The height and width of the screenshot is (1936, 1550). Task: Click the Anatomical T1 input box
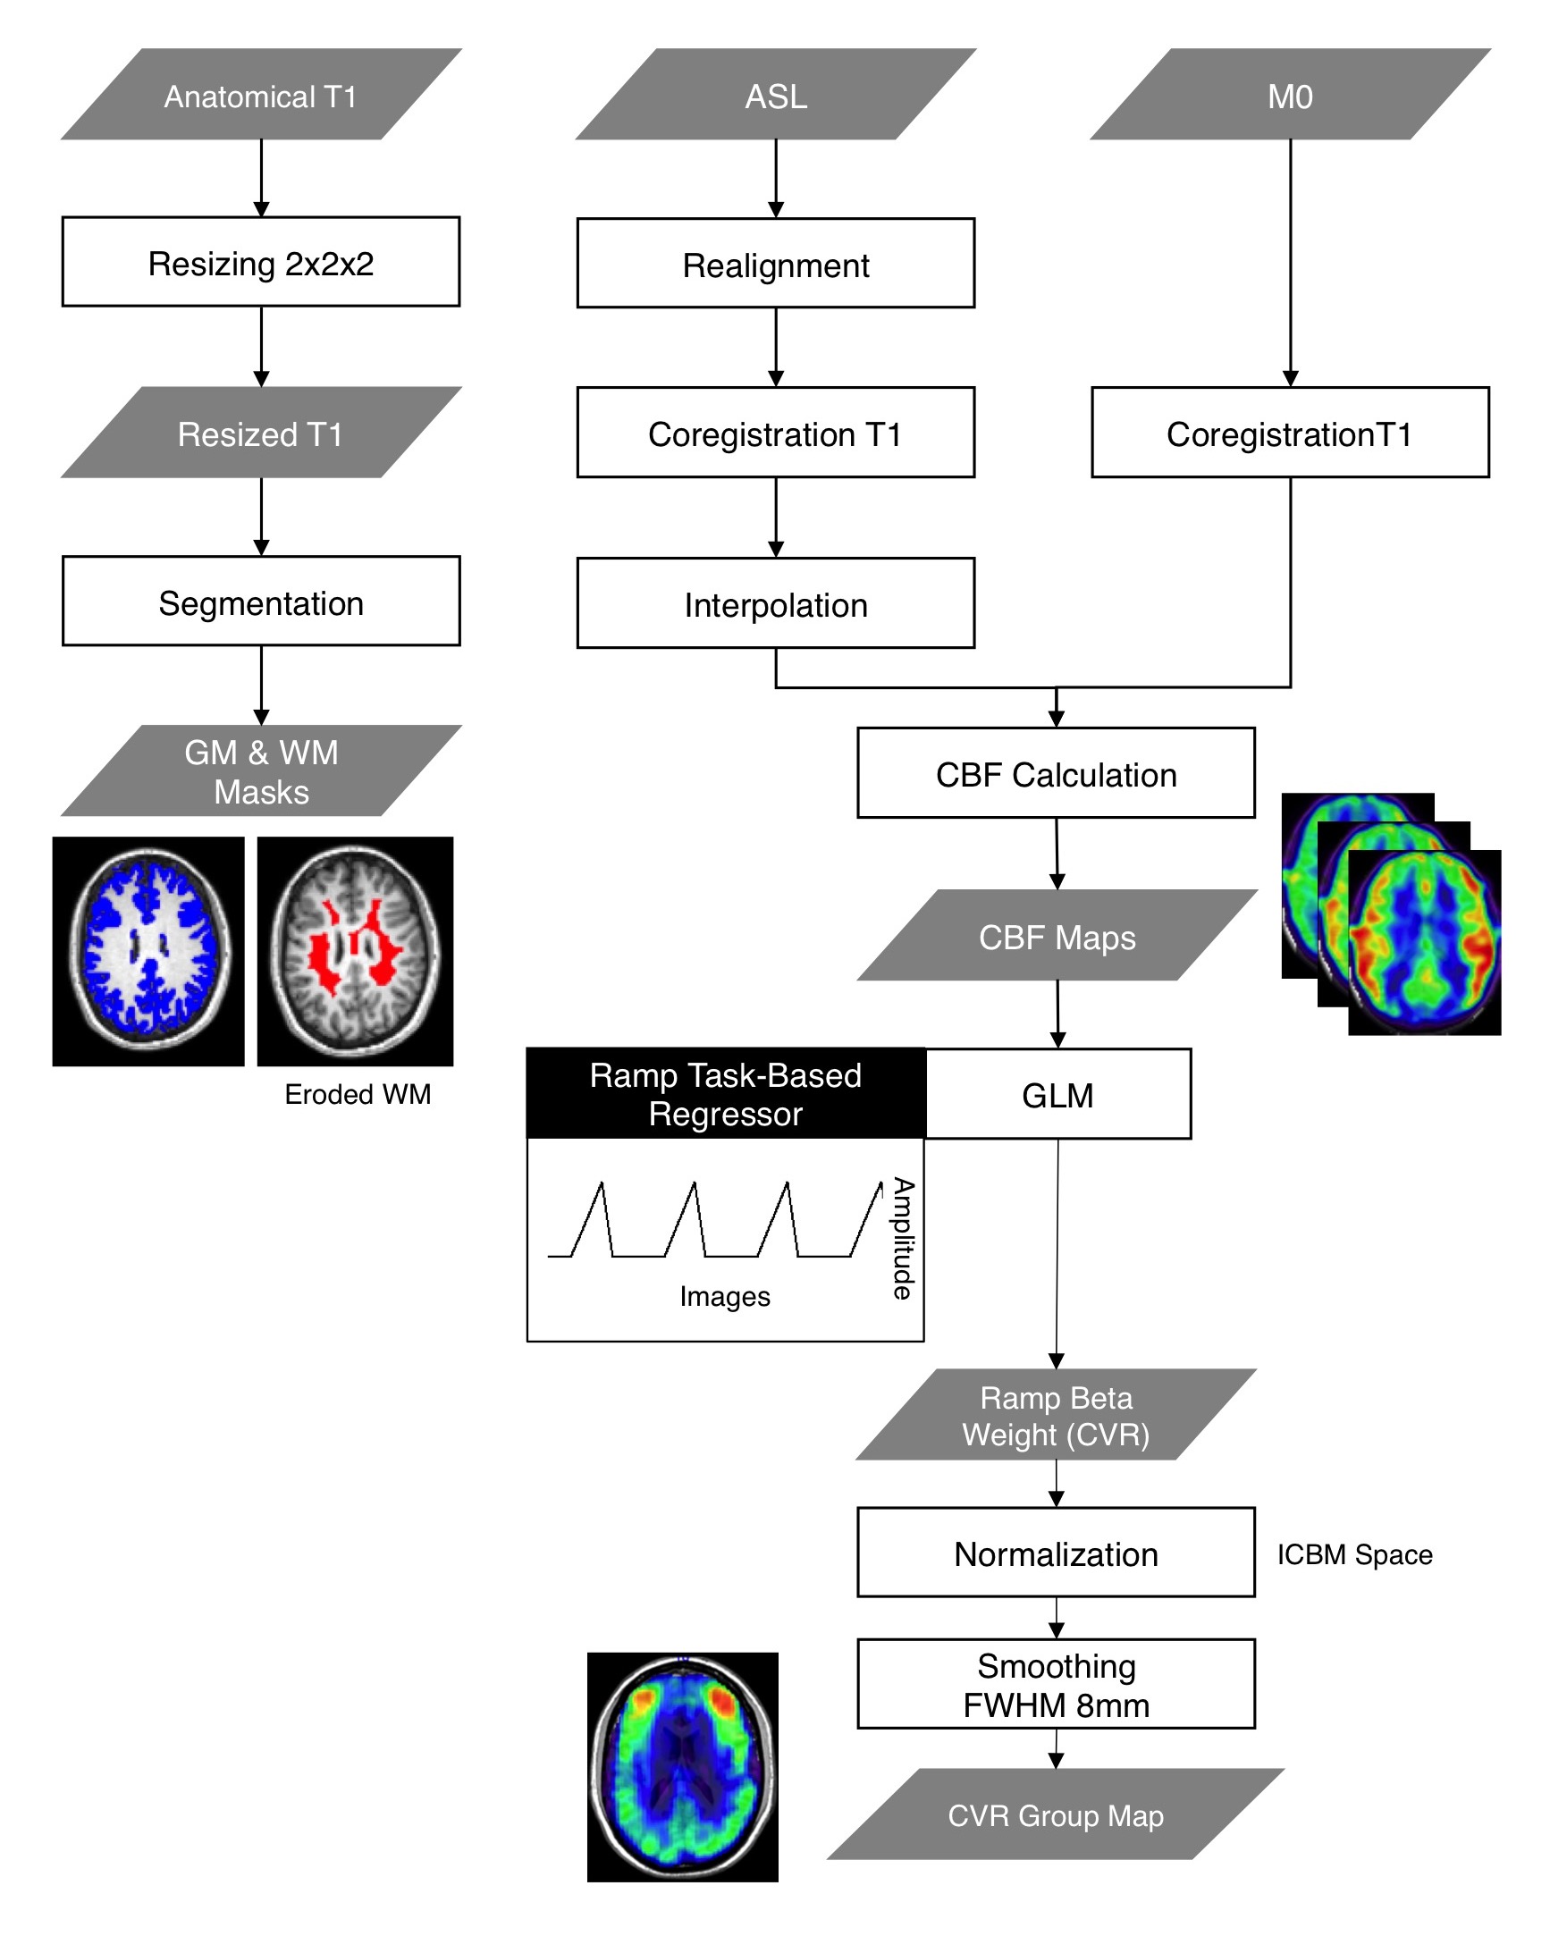260,95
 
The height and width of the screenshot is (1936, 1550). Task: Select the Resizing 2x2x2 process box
260,262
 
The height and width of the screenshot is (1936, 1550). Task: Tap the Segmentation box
260,602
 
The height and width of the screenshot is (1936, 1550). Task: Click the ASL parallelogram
776,95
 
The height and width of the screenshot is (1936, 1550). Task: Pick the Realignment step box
776,264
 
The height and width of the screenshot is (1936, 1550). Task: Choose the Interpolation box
776,603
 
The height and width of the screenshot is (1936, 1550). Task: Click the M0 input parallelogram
1291,95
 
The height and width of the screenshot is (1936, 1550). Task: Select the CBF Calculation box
1056,773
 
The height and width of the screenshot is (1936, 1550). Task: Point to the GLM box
1057,1095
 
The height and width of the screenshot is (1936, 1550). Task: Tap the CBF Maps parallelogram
1057,936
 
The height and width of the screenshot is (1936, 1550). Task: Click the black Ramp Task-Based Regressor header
726,1094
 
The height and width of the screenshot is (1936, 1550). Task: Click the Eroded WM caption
358,1095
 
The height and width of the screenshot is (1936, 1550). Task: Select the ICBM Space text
1355,1554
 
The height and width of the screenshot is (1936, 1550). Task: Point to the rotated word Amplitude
903,1238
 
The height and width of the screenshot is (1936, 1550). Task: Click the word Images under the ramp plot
725,1297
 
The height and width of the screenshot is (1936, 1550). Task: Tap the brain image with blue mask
148,952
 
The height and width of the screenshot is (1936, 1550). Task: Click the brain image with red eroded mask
356,952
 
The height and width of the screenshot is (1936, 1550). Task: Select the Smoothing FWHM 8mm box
1056,1685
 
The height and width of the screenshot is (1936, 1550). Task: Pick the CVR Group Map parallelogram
1056,1815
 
